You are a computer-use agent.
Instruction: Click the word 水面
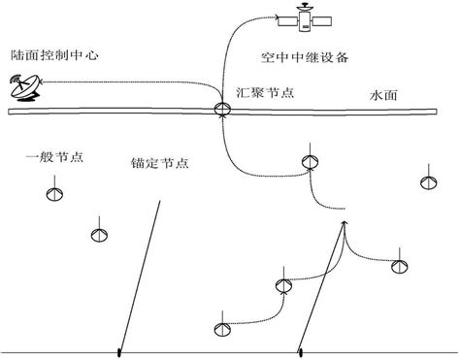tap(384, 97)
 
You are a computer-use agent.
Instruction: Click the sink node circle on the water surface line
tap(223, 110)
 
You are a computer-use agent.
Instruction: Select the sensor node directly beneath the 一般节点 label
tap(54, 195)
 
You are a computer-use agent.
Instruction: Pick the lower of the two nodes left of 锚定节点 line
tap(98, 234)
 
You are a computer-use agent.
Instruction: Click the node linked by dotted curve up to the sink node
tap(309, 163)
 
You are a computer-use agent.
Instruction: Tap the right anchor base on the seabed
tap(301, 351)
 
